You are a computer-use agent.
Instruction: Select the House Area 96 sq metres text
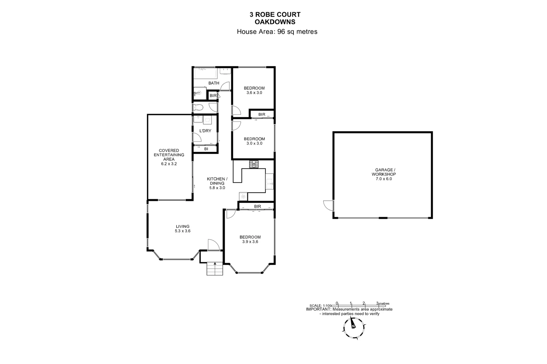coord(277,32)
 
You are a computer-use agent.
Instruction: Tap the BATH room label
coord(213,83)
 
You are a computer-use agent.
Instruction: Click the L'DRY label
coord(205,131)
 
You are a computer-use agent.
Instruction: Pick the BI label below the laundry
coord(206,149)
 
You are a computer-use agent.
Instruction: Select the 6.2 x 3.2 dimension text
coord(169,164)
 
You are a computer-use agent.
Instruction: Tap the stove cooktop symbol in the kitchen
coord(254,164)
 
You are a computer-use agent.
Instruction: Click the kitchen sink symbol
coord(269,184)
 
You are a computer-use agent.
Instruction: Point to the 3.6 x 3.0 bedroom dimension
coord(254,93)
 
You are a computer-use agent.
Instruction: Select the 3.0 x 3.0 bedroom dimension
coord(254,143)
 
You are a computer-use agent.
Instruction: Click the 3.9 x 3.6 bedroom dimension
coord(250,242)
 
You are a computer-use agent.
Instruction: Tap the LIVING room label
coord(182,226)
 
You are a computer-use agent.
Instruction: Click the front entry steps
coord(215,269)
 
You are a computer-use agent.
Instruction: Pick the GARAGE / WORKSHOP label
coord(384,172)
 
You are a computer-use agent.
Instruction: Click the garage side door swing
coord(328,205)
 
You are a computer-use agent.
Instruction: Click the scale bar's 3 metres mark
coord(378,303)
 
